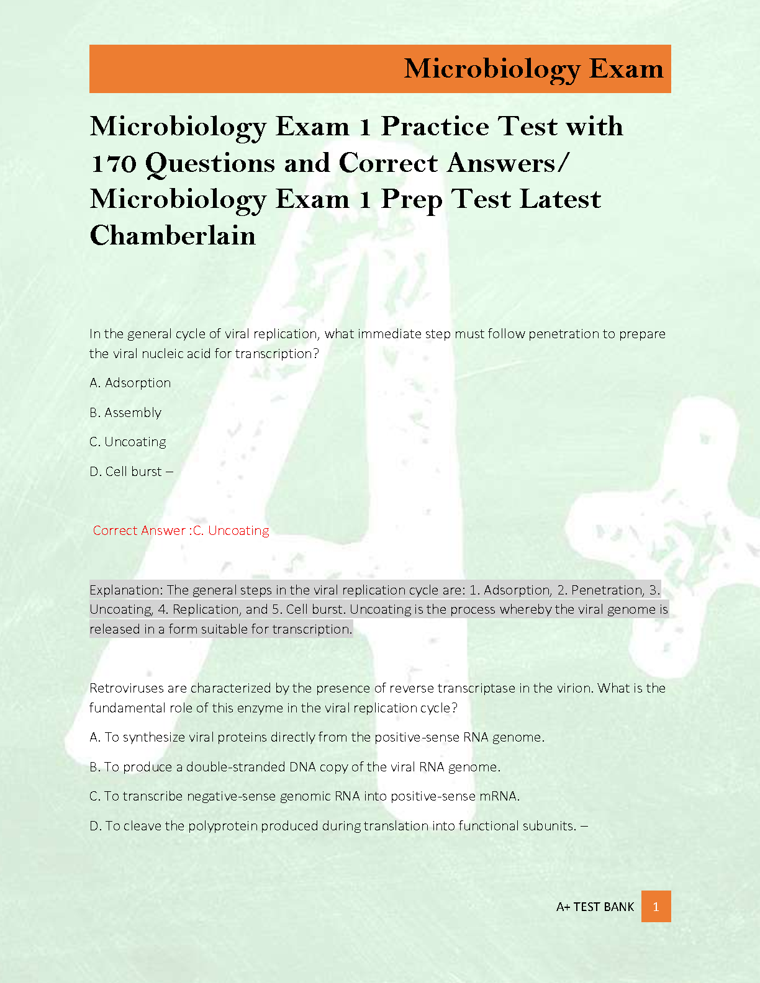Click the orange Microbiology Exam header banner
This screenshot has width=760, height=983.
(x=380, y=69)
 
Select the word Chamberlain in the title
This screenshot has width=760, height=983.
(x=173, y=236)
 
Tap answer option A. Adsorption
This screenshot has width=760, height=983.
(x=130, y=383)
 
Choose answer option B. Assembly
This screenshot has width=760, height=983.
(x=125, y=413)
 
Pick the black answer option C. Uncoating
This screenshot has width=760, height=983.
(x=128, y=442)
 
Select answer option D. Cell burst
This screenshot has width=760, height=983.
(x=126, y=472)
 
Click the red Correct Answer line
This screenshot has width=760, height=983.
(x=181, y=531)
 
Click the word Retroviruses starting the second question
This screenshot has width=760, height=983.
(x=127, y=688)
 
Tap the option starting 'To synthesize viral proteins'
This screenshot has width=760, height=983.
(x=317, y=737)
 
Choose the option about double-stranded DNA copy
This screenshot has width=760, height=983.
(x=295, y=767)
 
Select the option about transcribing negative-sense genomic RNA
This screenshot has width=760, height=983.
(x=304, y=796)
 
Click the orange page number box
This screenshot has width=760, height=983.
(x=656, y=907)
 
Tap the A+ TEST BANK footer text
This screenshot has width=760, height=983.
(x=595, y=907)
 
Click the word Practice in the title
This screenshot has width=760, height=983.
(x=435, y=127)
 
